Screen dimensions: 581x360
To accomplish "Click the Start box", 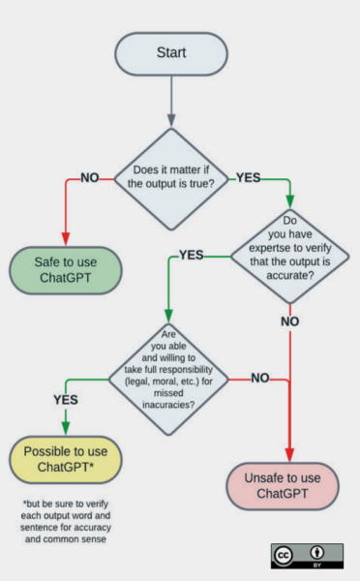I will (170, 52).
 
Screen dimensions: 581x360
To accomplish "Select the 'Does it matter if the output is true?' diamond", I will (170, 178).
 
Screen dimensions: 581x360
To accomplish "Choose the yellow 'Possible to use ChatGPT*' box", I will (66, 460).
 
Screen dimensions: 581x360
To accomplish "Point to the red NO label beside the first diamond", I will (90, 178).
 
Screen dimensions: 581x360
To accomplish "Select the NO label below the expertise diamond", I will (289, 320).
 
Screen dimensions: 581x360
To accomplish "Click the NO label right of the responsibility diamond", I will (259, 377).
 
